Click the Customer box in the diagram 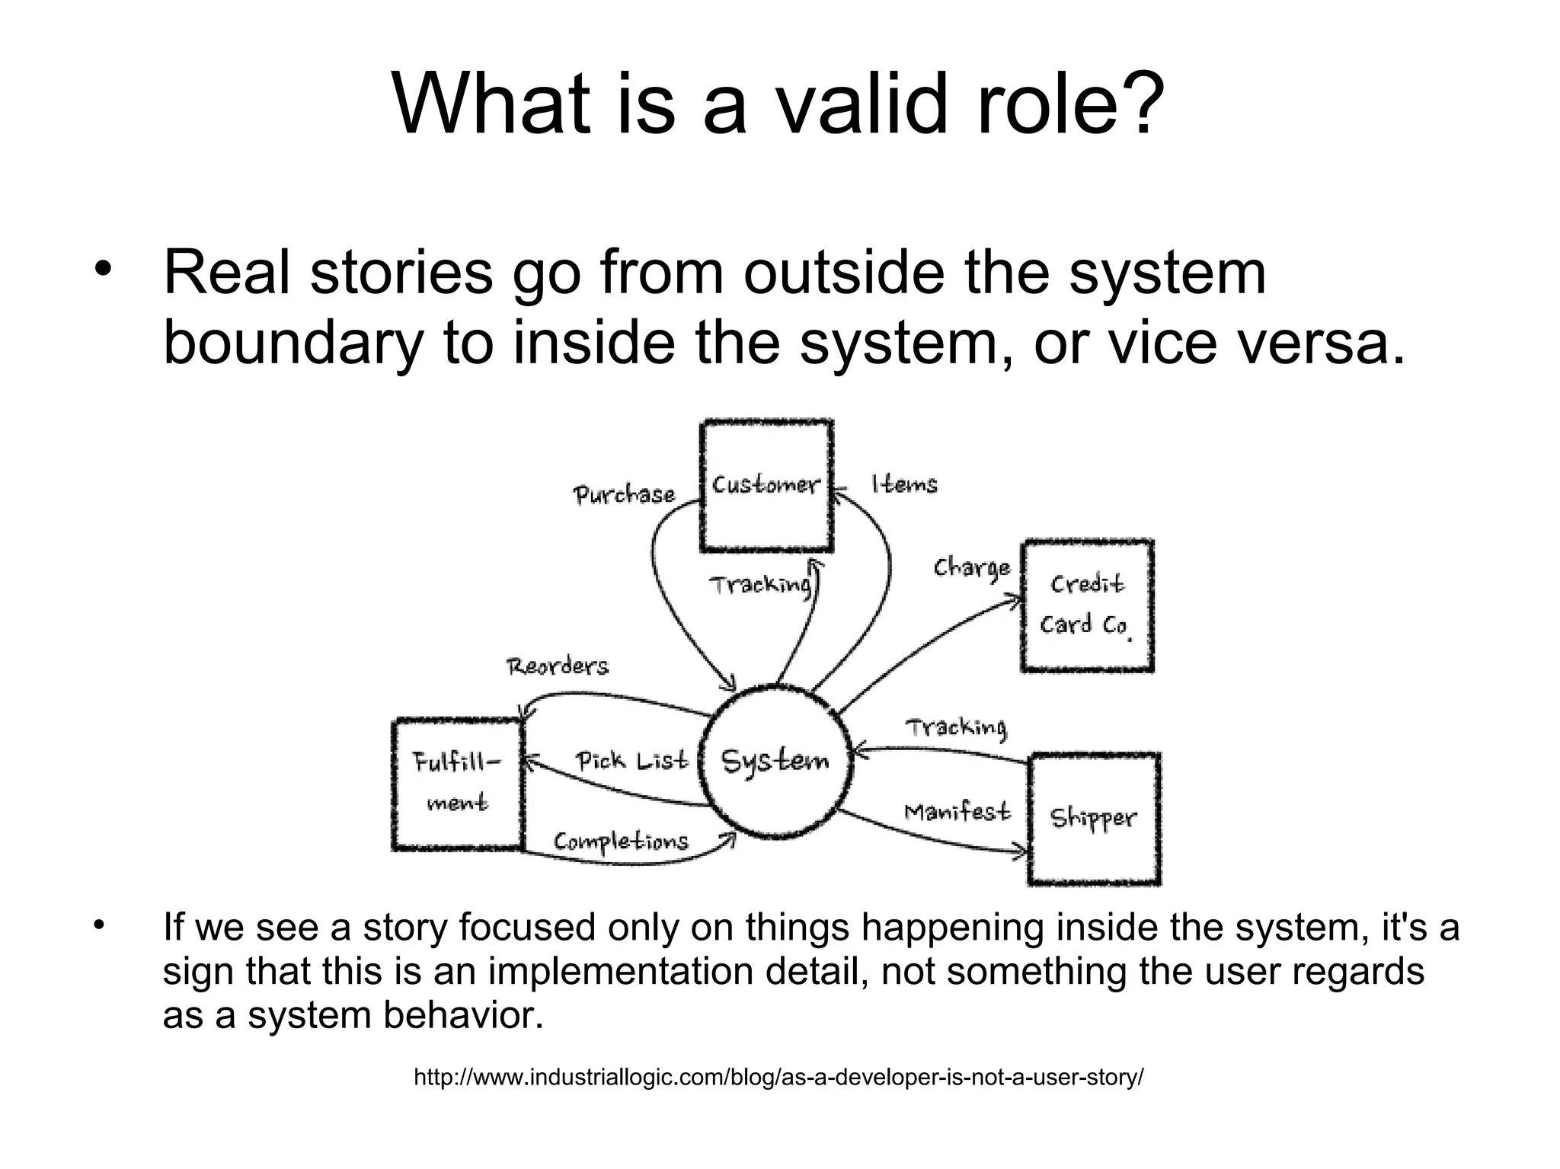tap(766, 485)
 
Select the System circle tap(775, 762)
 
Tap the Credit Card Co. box tap(1086, 605)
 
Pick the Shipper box tap(1093, 819)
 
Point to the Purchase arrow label tap(624, 495)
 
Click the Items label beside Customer tap(904, 484)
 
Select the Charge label tap(972, 568)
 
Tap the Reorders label tap(558, 667)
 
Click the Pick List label tap(631, 761)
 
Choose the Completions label tap(621, 842)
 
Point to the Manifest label tap(957, 812)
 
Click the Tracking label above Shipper tap(956, 728)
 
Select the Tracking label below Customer tap(759, 585)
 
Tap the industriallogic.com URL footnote tap(778, 1078)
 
